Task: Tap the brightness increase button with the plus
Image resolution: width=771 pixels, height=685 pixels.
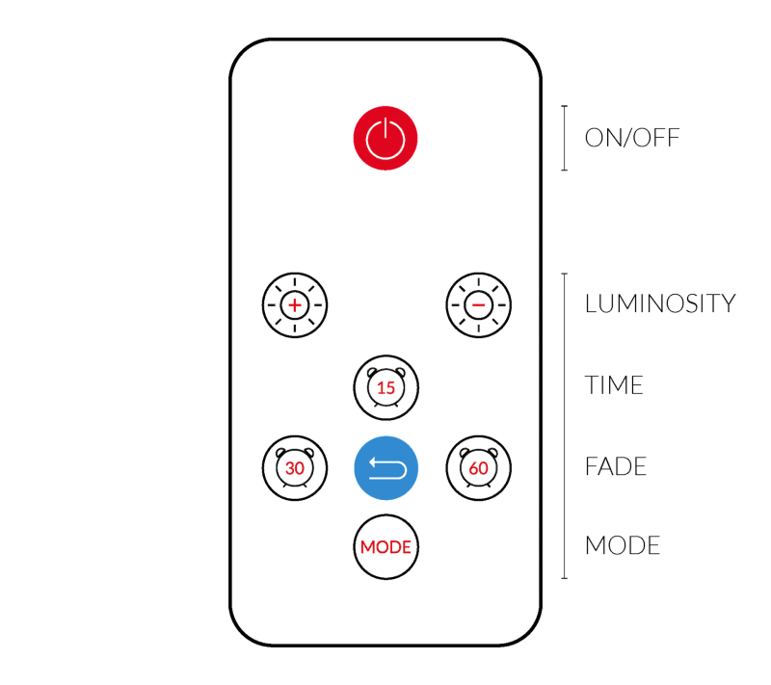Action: (295, 305)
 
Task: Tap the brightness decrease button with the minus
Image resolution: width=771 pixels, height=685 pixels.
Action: (478, 305)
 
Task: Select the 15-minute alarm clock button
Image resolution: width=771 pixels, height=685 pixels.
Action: (385, 387)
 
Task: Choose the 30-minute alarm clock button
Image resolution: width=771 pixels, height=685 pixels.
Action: (295, 468)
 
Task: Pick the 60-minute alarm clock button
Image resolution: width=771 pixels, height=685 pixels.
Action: (478, 468)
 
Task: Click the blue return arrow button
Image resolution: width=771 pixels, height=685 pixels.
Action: (385, 468)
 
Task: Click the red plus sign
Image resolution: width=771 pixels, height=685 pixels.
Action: (295, 305)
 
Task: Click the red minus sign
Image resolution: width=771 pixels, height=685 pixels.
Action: (478, 305)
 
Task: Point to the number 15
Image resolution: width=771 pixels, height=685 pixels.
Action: (385, 389)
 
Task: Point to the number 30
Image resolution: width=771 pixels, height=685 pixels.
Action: (295, 469)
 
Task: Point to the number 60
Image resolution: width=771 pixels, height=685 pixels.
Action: (478, 469)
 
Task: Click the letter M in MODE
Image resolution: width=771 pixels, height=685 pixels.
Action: (367, 547)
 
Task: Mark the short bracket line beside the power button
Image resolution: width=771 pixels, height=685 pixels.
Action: (564, 138)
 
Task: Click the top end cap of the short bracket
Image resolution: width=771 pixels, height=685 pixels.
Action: (564, 106)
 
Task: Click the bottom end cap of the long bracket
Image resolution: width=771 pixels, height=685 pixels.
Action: (564, 578)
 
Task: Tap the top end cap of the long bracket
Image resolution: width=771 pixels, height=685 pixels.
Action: (564, 274)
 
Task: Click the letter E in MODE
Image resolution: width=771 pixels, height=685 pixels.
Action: (407, 547)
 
